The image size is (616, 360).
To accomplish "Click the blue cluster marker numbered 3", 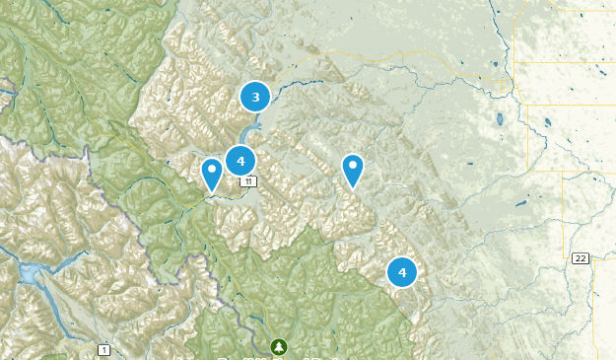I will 255,97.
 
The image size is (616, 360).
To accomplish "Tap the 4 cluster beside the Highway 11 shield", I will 240,161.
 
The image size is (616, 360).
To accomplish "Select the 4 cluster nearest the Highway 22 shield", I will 402,271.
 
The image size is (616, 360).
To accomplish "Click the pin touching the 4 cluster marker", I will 211,174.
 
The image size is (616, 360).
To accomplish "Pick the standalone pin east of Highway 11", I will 353,170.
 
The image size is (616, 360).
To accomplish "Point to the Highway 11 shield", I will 249,181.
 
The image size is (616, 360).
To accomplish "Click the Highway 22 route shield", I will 580,258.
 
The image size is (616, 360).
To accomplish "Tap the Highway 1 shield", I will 103,349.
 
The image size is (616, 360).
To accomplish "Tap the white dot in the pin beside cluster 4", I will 211,169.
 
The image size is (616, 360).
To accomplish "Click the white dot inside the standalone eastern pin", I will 353,165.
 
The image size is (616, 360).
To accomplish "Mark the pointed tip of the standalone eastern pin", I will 353,187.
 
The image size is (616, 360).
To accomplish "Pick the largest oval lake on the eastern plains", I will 501,120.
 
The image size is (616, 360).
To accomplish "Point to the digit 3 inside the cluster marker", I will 255,97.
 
